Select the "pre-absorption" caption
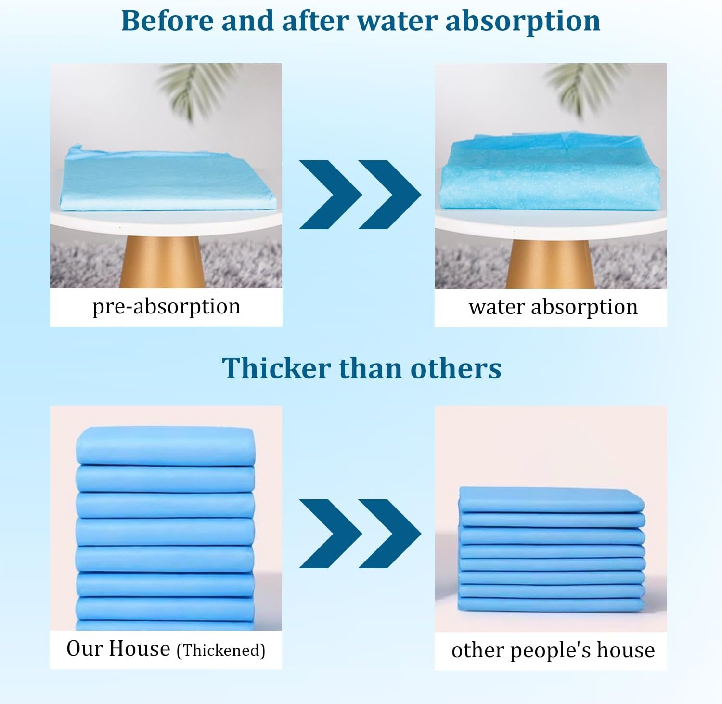166,307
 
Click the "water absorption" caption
553,307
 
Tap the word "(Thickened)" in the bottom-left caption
221,651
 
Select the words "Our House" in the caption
118,649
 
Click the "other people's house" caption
553,650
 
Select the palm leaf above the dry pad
197,89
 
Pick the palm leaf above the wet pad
585,89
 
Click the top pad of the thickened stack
165,445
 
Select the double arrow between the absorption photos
360,195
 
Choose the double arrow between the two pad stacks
360,534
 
